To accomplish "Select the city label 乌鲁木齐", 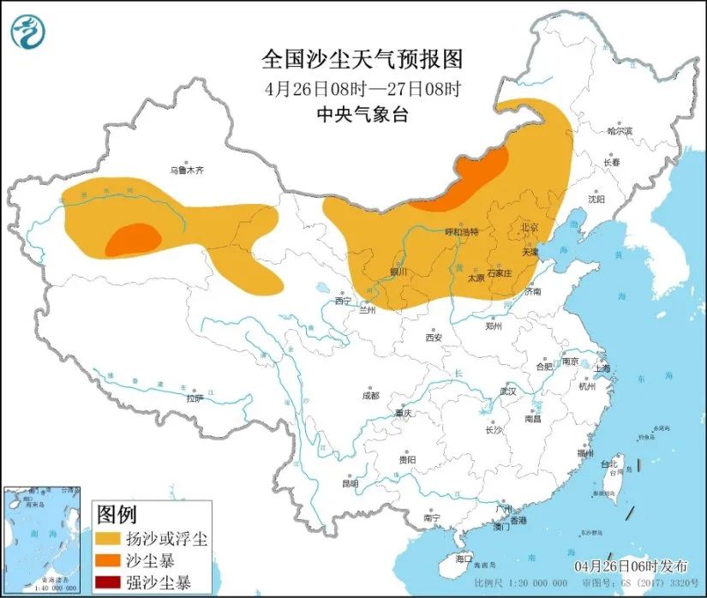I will click(187, 170).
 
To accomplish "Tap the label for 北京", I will click(529, 228).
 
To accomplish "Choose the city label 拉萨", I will click(195, 397).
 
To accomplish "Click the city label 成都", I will click(369, 396).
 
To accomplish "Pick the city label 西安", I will click(432, 338).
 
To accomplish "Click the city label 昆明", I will click(350, 483).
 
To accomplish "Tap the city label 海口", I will click(464, 559).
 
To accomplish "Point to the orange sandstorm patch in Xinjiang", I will click(133, 240).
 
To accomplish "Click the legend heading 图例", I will click(117, 514).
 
